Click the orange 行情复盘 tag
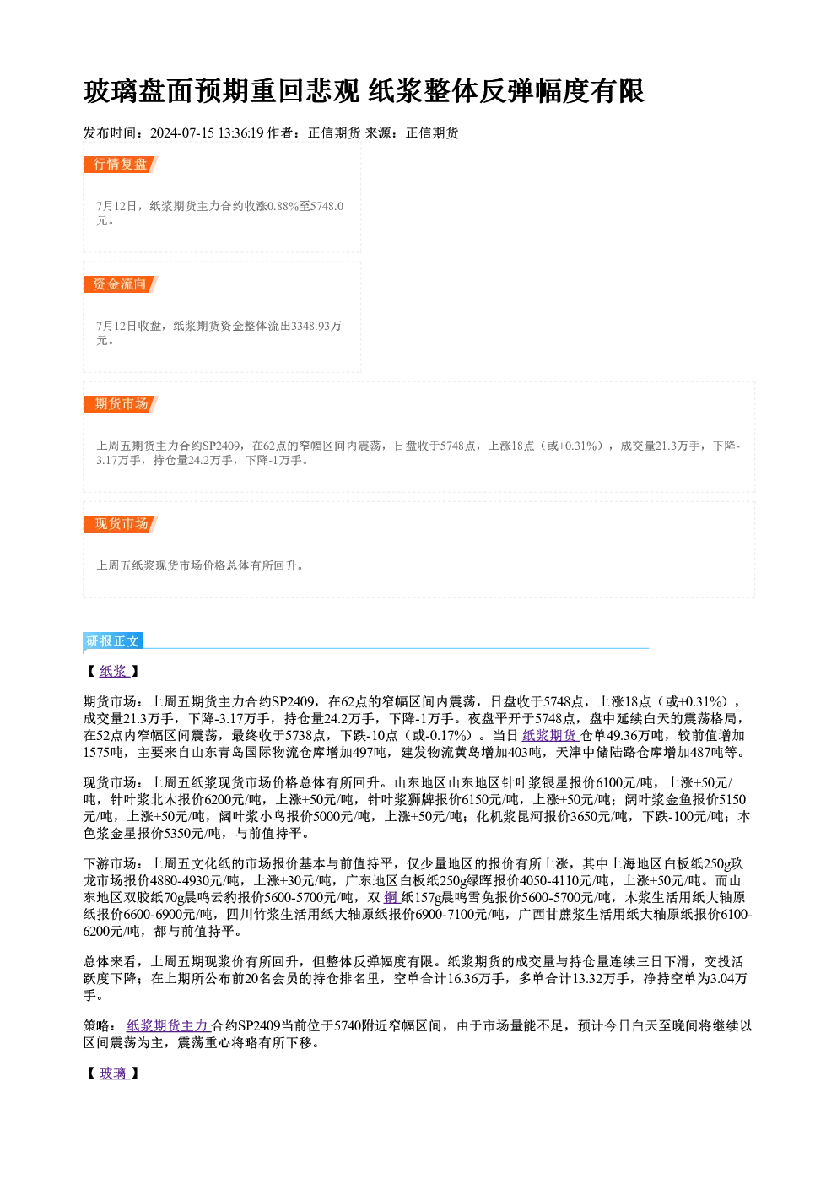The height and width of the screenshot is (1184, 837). pyautogui.click(x=121, y=165)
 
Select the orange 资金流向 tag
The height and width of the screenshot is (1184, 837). pyautogui.click(x=121, y=284)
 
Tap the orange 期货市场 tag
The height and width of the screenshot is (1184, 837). pyautogui.click(x=121, y=404)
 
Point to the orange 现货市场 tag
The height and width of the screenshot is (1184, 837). pyautogui.click(x=121, y=524)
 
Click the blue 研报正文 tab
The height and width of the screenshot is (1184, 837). pyautogui.click(x=113, y=641)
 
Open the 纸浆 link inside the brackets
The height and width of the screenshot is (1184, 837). pyautogui.click(x=114, y=671)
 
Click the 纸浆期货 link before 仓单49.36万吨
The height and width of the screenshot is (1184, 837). pyautogui.click(x=551, y=735)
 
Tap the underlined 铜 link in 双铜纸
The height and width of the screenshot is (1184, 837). pyautogui.click(x=391, y=898)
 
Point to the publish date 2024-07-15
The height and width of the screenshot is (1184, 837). pyautogui.click(x=182, y=132)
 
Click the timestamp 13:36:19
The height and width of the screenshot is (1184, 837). pyautogui.click(x=241, y=132)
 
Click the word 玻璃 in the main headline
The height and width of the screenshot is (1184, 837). pyautogui.click(x=111, y=91)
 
